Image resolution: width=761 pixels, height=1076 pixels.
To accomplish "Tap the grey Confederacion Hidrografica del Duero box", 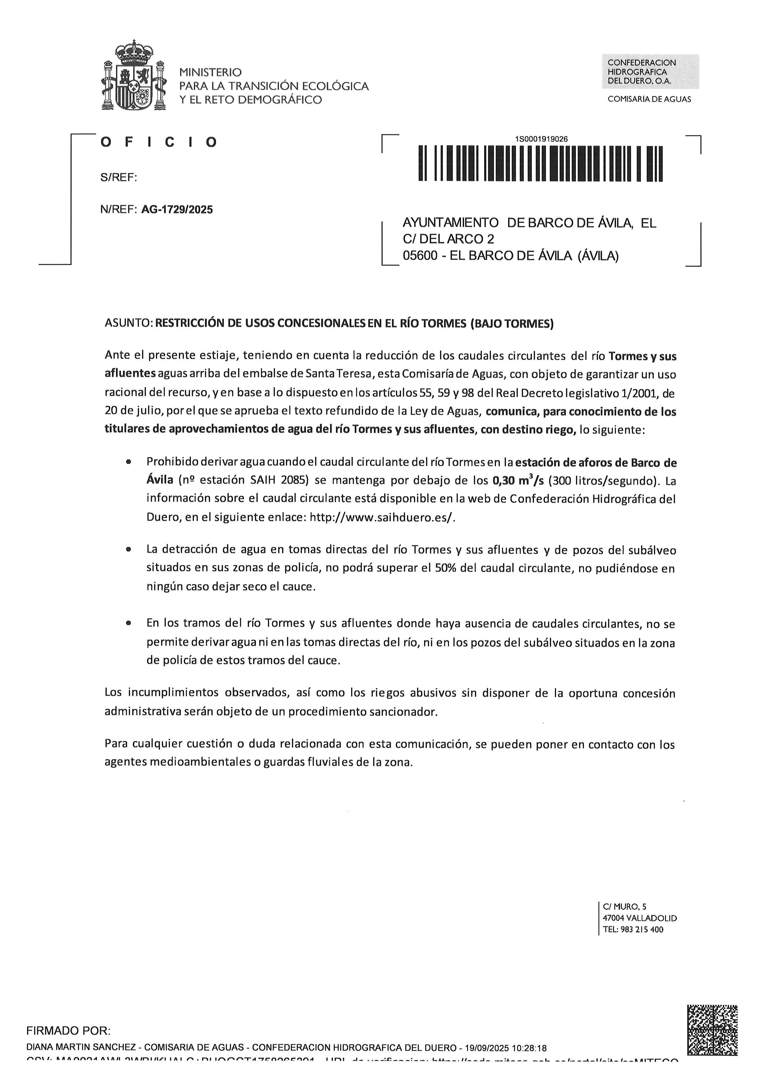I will [x=650, y=72].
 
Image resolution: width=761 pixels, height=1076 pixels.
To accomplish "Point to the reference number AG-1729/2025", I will [x=177, y=210].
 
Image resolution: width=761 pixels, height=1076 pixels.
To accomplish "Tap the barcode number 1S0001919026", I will [x=541, y=139].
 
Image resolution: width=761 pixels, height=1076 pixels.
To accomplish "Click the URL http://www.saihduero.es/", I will [x=382, y=517].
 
